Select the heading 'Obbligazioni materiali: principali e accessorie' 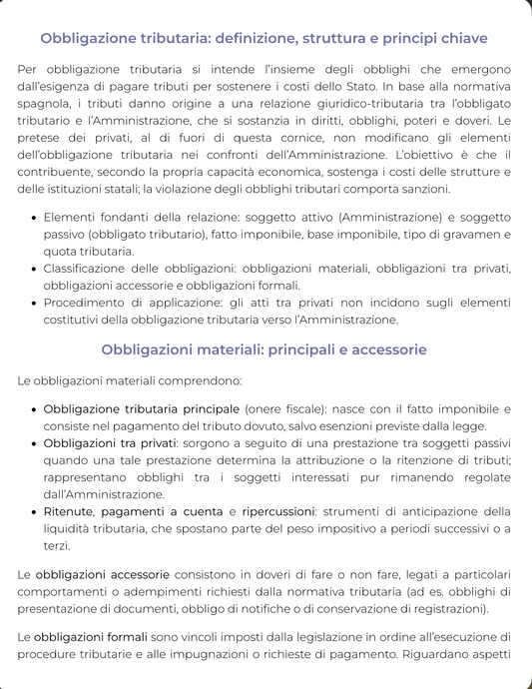[x=265, y=349]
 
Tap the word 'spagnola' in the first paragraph [x=45, y=103]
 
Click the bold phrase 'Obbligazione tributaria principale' [x=141, y=409]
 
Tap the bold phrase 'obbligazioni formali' [x=91, y=636]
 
